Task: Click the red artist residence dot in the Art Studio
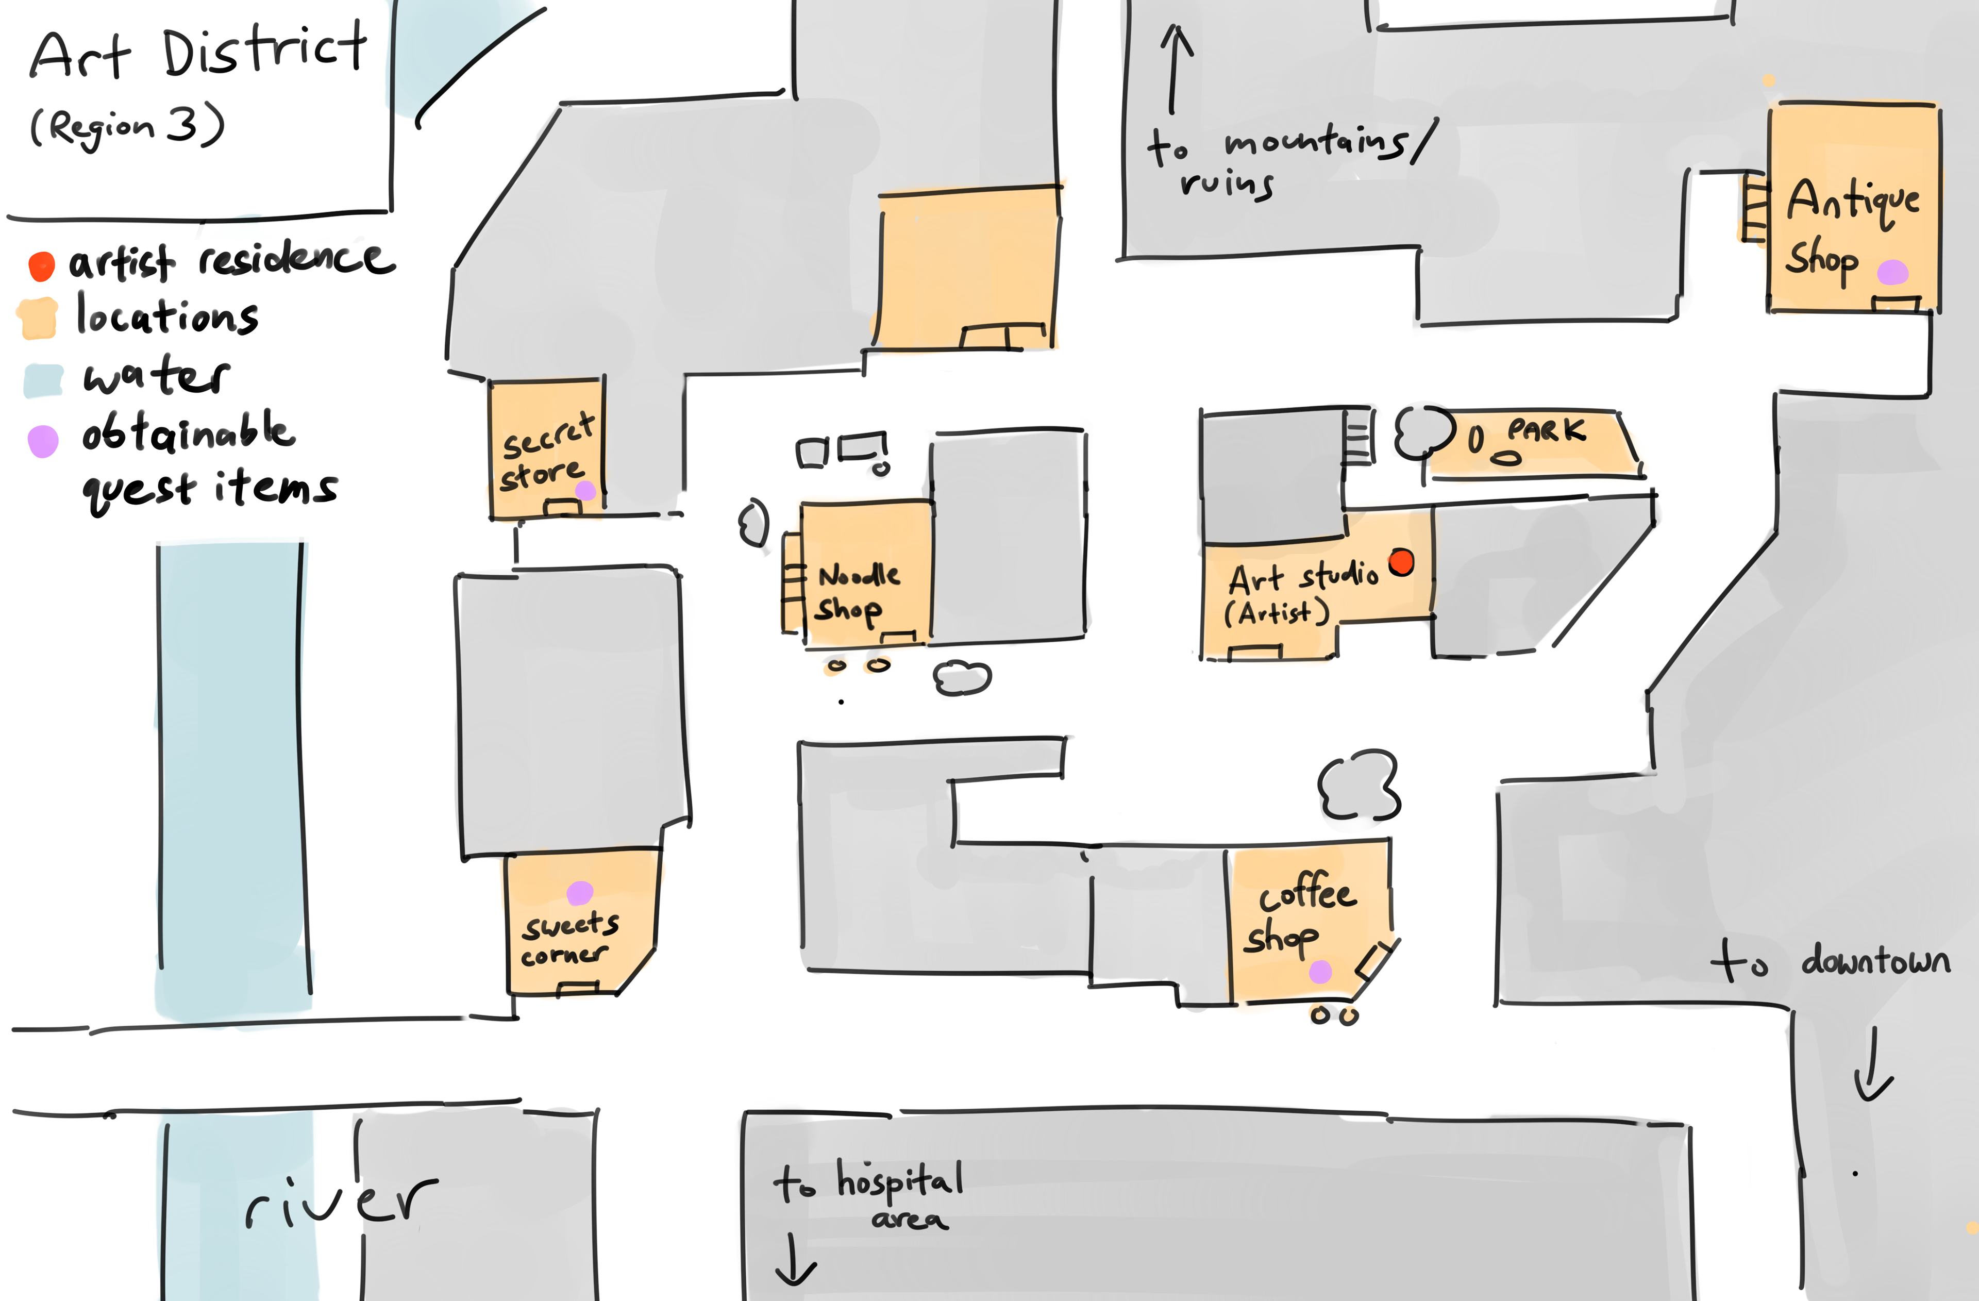tap(1401, 562)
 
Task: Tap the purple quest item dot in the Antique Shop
tap(1892, 272)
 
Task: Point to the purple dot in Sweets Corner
tap(580, 893)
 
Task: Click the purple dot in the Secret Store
tap(585, 491)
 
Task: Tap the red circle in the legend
tap(42, 266)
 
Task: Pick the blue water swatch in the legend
tap(43, 380)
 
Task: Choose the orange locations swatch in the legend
tap(38, 319)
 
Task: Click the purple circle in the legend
tap(43, 441)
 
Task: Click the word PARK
tap(1547, 431)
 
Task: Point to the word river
tap(341, 1203)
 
